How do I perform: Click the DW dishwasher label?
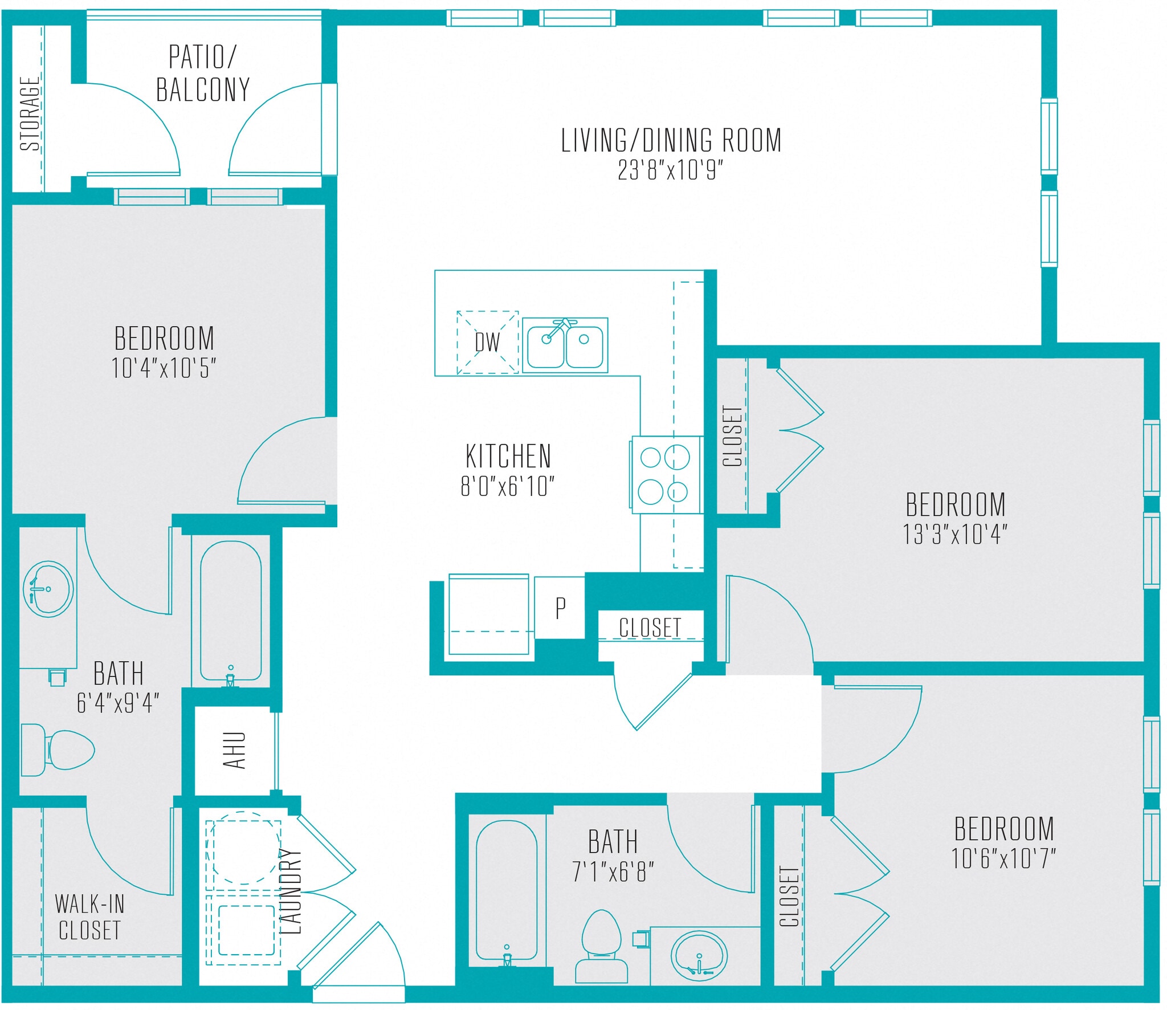point(487,343)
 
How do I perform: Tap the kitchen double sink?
point(565,346)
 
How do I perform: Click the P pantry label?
point(560,608)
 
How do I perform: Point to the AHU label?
point(234,751)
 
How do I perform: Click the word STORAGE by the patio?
point(30,114)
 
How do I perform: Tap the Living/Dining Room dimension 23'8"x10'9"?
point(670,170)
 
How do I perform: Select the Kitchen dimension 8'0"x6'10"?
point(507,486)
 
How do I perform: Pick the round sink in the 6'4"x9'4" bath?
point(48,589)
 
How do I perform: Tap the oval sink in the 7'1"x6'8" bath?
point(699,956)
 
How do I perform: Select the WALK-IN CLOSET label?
point(89,917)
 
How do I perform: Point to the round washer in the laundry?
point(244,848)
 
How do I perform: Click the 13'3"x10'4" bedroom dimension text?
point(955,535)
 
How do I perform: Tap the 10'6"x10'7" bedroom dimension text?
point(1003,858)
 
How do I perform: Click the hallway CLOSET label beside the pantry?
point(650,628)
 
